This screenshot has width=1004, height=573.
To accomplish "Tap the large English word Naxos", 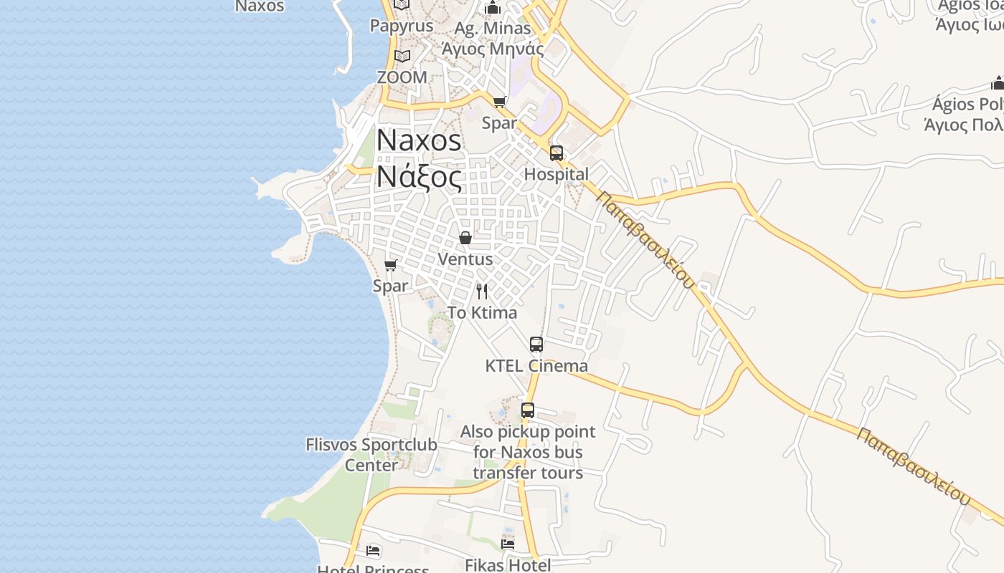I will [420, 140].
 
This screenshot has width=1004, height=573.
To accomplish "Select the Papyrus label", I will [402, 26].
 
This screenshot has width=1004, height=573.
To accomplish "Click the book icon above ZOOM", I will [402, 56].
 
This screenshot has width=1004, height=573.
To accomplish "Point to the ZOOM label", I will [402, 77].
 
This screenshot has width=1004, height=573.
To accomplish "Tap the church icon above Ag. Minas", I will [493, 8].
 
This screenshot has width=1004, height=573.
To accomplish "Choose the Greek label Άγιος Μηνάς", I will [493, 49].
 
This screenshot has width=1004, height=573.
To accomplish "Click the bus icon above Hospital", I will [557, 153].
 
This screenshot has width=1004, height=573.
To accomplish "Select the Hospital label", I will [557, 174].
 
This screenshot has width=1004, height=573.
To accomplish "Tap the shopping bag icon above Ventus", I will [465, 238].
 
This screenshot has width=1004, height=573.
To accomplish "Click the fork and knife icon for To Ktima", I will [482, 292].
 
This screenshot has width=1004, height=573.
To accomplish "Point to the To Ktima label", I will [482, 313].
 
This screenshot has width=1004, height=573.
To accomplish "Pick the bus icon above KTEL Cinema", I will [536, 345].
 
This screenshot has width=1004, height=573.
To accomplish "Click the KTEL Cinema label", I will [536, 366].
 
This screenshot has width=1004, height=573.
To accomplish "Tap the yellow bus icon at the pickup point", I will [528, 410].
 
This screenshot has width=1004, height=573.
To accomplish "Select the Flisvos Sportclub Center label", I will [371, 455].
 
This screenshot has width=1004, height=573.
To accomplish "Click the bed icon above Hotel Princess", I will [374, 551].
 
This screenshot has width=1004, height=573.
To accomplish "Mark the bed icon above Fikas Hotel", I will [508, 544].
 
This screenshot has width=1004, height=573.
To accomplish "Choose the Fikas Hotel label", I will [508, 565].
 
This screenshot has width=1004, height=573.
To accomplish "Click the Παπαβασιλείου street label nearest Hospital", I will [645, 240].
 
